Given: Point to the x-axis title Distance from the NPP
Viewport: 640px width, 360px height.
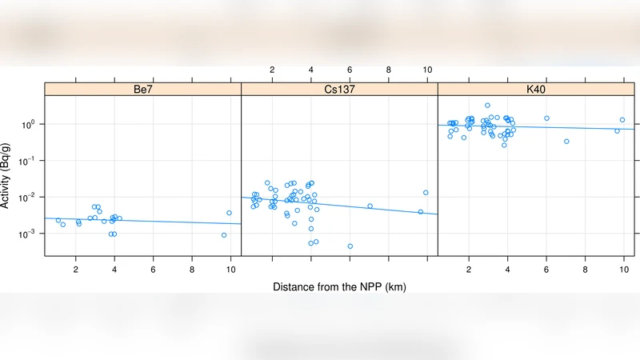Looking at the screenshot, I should (x=339, y=286).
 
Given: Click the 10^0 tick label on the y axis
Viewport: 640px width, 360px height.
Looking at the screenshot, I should (x=29, y=125).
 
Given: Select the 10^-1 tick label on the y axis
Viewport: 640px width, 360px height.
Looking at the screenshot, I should (x=29, y=161).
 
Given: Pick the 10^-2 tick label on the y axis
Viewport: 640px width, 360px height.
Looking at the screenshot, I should (x=29, y=198).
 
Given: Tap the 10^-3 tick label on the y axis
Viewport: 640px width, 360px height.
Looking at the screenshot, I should (x=29, y=234).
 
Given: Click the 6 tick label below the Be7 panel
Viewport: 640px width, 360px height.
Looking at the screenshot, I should (x=154, y=270).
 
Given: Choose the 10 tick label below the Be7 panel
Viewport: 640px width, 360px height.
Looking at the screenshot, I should (x=230, y=270).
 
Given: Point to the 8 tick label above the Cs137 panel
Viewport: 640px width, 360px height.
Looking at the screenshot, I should (x=389, y=70).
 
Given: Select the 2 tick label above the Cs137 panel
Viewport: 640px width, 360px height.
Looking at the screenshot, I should (x=272, y=70).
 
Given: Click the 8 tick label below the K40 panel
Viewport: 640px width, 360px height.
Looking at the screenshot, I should (x=585, y=270).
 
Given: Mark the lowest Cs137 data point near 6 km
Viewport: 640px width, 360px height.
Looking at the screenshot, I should (x=350, y=246).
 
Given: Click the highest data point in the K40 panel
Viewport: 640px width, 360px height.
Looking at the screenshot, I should (x=487, y=106).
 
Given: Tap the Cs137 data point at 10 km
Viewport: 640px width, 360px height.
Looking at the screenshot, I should (x=426, y=193).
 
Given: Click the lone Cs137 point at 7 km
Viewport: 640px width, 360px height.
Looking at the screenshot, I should (x=370, y=206).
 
